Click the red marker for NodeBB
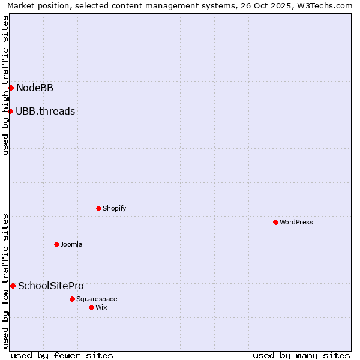[11, 88]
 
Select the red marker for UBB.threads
[10, 111]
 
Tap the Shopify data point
[98, 208]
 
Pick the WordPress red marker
[275, 222]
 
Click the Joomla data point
[56, 244]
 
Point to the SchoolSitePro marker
[13, 286]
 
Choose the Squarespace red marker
[72, 299]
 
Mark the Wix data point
[91, 307]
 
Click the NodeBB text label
[35, 88]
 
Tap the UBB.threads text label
[46, 111]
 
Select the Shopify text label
[114, 208]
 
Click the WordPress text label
[296, 222]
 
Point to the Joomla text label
[71, 244]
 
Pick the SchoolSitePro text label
[51, 286]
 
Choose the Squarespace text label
[97, 299]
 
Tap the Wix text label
[101, 307]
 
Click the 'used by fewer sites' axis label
[62, 355]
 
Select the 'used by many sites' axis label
[301, 355]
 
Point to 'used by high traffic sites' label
[5, 85]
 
